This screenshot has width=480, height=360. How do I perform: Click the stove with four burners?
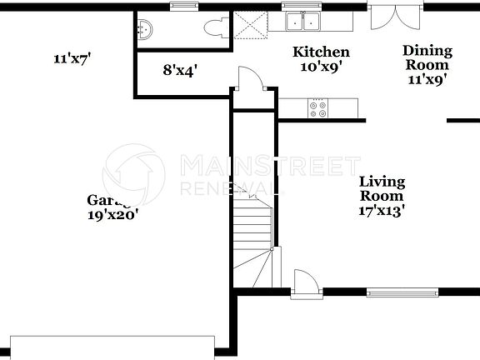coord(318,107)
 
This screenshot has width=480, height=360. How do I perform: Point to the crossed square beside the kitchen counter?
coord(250,22)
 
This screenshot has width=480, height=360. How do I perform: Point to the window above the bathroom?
coord(182,7)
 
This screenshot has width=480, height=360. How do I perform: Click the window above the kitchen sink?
coord(296,7)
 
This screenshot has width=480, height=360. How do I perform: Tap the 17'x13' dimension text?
coord(382,211)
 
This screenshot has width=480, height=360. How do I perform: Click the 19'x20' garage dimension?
coord(112,214)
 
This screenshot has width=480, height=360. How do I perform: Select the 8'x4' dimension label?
coord(180,70)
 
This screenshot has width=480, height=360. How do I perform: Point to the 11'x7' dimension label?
coord(72,58)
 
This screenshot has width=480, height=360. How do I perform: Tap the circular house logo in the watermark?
coord(133,176)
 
